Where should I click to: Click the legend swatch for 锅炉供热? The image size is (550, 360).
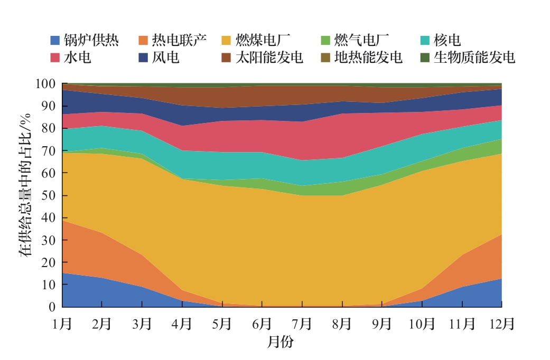(55, 40)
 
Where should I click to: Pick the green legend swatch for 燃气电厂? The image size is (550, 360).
(326, 40)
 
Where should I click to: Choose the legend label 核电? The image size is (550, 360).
(447, 40)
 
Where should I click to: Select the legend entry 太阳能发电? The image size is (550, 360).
(269, 57)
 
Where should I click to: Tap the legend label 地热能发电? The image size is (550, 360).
(368, 57)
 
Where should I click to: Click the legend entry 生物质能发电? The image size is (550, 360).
(474, 57)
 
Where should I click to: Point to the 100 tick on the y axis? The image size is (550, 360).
(45, 84)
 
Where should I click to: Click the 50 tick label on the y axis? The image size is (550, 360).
(48, 195)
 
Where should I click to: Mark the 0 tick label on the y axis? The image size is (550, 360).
(51, 307)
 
